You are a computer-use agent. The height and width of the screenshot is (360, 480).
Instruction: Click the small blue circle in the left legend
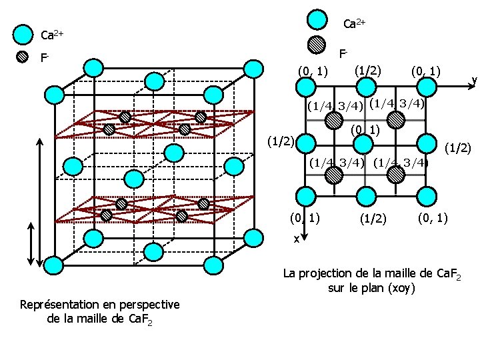coord(23,34)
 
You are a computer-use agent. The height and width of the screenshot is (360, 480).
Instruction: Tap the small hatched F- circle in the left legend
coord(23,57)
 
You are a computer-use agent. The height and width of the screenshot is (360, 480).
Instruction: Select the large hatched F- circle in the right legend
coord(319,45)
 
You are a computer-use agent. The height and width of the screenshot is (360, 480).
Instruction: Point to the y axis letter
coord(474,80)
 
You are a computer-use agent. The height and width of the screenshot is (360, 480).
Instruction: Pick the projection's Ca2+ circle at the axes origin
coord(305,86)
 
